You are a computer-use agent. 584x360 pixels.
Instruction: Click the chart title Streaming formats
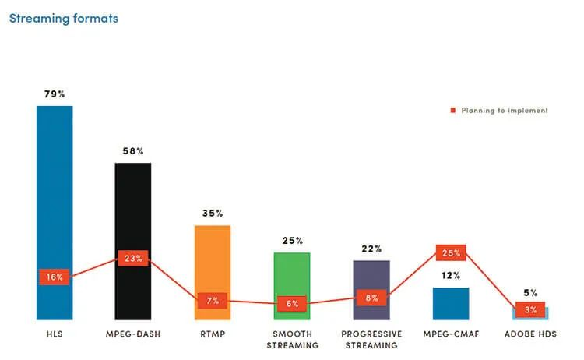tap(64, 18)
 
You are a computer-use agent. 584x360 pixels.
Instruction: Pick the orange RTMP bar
tap(213, 257)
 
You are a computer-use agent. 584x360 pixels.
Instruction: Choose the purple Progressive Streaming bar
tap(371, 277)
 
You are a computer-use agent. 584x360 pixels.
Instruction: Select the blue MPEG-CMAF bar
tap(451, 302)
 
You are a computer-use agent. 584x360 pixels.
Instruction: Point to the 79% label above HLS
tap(55, 94)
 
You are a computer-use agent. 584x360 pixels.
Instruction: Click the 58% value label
tap(133, 151)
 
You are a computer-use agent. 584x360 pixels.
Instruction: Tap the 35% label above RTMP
tap(213, 213)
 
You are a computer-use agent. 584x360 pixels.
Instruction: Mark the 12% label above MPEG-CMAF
tap(451, 275)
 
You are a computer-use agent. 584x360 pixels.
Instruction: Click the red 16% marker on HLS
tap(55, 277)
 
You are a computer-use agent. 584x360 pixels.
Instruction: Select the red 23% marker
tap(133, 258)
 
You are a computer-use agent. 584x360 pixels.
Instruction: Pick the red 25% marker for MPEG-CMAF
tap(451, 252)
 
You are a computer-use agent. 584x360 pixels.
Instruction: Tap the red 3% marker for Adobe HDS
tap(530, 309)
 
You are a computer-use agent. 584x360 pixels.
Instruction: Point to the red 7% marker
tap(213, 300)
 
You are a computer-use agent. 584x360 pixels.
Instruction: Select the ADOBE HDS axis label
tap(530, 334)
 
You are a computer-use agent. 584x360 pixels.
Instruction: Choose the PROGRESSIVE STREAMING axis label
tap(371, 339)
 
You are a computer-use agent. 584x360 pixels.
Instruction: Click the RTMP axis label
tap(213, 334)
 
